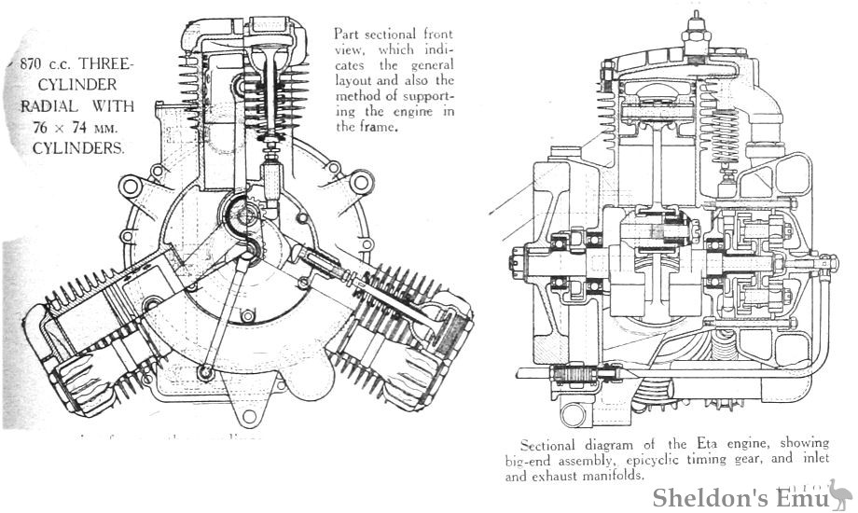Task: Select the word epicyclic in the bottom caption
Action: pos(665,460)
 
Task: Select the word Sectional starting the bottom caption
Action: pos(552,445)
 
